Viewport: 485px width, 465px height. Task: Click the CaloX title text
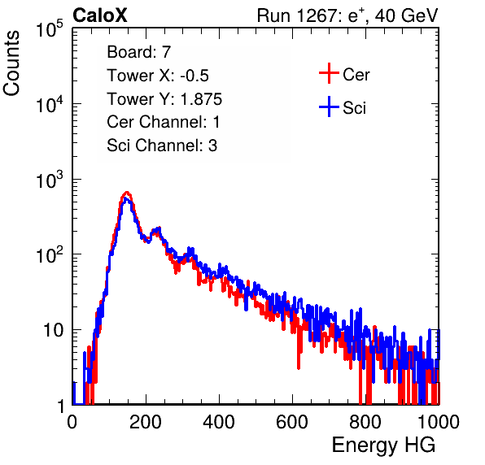click(100, 15)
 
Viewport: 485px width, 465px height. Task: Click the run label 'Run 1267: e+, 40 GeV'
click(347, 15)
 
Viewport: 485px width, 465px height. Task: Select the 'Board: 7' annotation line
click(138, 52)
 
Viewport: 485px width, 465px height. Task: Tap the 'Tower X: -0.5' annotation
click(158, 76)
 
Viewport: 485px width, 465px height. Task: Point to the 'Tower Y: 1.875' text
click(164, 99)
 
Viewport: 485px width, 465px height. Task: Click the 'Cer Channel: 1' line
click(164, 122)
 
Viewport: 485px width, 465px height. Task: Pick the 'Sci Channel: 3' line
click(162, 146)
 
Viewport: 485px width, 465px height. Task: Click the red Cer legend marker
click(329, 73)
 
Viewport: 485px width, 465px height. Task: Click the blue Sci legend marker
click(329, 107)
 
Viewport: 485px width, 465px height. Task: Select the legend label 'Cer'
click(356, 75)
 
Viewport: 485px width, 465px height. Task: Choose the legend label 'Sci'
click(354, 108)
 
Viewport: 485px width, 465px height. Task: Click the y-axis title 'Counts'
click(11, 63)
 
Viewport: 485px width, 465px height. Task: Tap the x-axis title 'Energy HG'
click(383, 445)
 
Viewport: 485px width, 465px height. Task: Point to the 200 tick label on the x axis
click(146, 422)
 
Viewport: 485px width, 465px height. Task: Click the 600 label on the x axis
click(292, 422)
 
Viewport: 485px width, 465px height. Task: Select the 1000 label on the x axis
click(439, 422)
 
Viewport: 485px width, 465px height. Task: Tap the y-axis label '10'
click(54, 331)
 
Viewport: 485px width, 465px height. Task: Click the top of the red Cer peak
click(126, 193)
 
